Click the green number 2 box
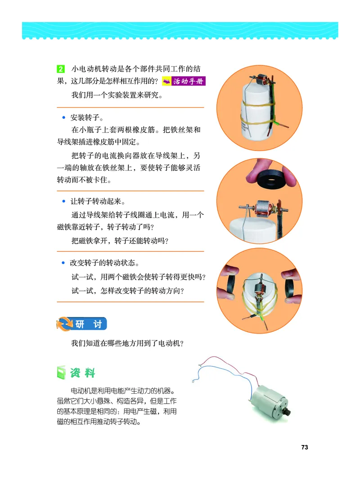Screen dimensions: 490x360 pyautogui.click(x=61, y=70)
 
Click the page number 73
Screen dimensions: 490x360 pyautogui.click(x=305, y=447)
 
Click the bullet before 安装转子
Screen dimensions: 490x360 pyautogui.click(x=64, y=118)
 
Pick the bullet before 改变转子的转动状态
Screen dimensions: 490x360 pyautogui.click(x=64, y=262)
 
